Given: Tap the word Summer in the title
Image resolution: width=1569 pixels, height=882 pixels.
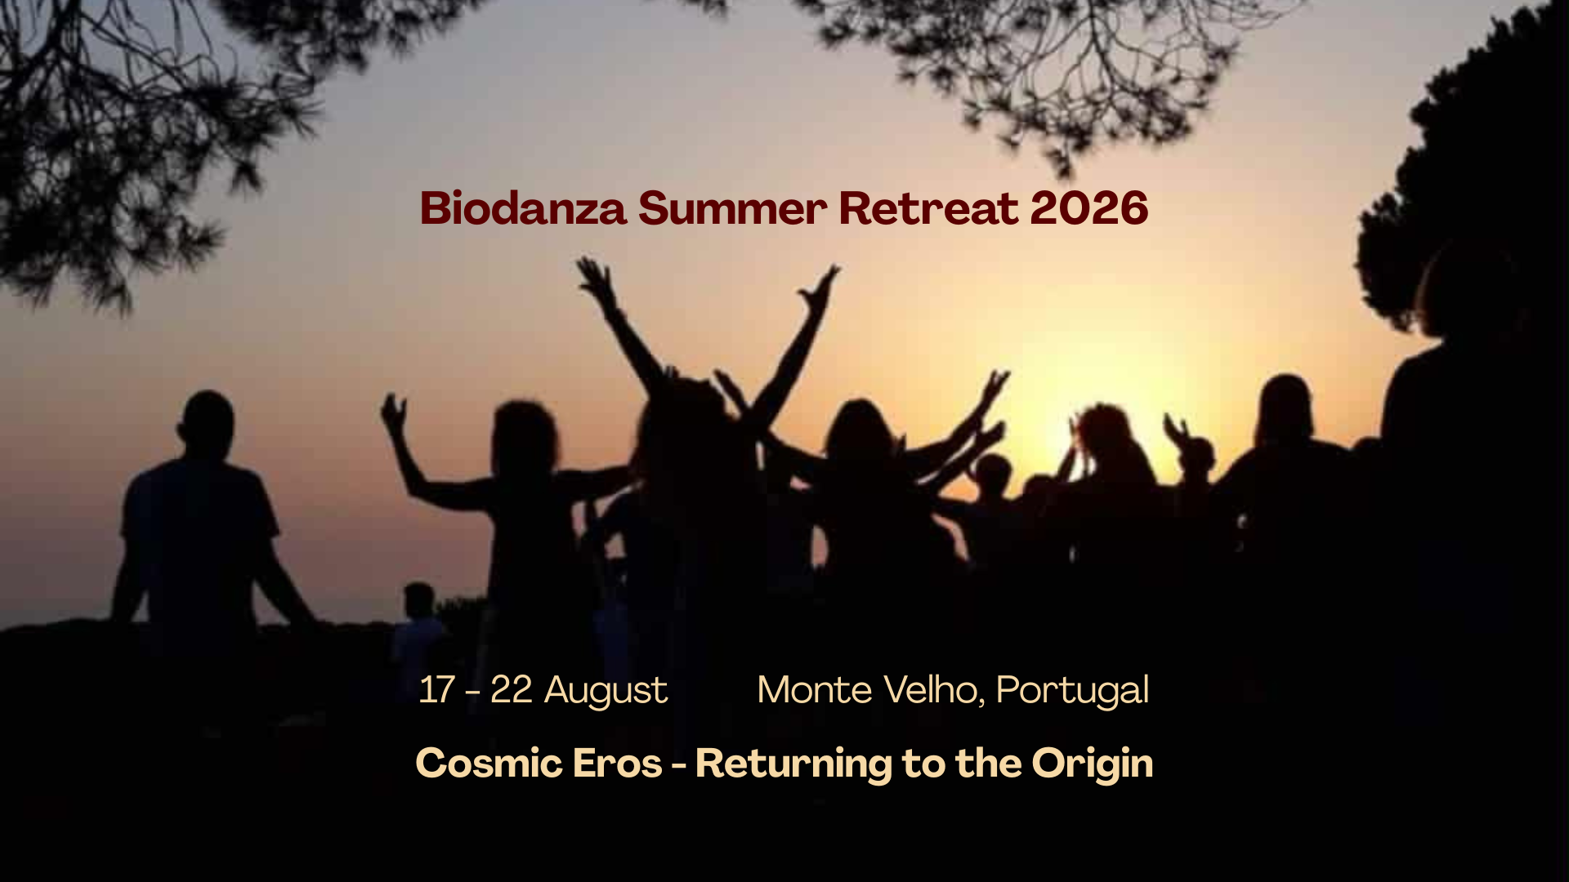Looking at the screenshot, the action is point(732,208).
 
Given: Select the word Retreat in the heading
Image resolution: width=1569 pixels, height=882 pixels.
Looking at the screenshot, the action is point(928,208).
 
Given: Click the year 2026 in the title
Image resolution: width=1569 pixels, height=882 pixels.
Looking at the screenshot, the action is point(1089,208).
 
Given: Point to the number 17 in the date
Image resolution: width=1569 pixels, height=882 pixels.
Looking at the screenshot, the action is point(436,690).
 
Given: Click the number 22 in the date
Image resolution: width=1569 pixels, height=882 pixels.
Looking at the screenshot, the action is point(512,690).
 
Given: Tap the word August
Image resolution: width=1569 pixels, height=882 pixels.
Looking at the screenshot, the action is point(606,693).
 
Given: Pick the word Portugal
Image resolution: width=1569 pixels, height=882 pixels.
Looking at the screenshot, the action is point(1073,692).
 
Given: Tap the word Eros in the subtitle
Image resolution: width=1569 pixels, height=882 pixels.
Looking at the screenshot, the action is point(617,764).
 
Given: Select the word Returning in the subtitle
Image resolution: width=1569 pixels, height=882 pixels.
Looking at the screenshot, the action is point(793,765).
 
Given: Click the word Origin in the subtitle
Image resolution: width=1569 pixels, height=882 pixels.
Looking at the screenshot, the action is point(1093,765).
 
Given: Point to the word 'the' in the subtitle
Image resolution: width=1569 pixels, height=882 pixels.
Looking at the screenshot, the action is point(988,764).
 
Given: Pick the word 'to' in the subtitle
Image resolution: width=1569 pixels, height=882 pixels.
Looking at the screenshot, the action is point(923,765).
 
